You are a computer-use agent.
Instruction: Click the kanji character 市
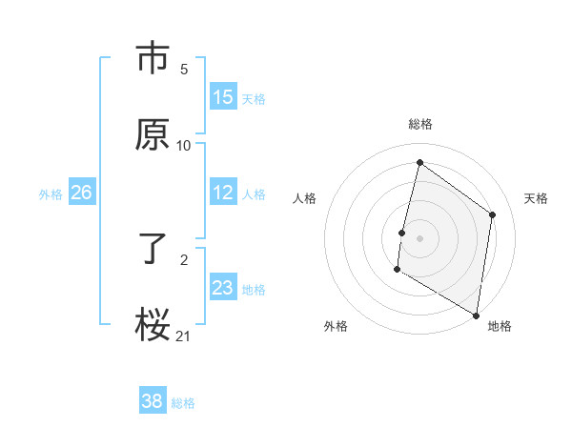point(153,59)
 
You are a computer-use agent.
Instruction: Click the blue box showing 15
point(223,97)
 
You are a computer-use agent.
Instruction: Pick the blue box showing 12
point(223,193)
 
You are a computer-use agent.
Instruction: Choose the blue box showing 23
point(223,289)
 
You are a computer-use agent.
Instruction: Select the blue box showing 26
point(81,193)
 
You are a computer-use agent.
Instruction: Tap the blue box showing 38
point(153,401)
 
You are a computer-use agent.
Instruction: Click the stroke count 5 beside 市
point(184,70)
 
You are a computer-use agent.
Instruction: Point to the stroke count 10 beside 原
point(184,145)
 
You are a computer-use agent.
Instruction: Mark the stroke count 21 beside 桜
point(184,335)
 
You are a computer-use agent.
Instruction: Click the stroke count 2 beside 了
point(184,259)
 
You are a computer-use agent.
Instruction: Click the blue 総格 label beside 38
point(183,403)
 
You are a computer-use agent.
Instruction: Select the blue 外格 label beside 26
point(51,194)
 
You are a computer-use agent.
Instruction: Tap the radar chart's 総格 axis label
point(419,124)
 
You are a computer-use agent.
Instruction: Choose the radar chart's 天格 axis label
point(536,198)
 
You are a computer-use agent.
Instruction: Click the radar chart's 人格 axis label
point(304,198)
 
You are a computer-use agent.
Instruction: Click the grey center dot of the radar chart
point(419,237)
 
